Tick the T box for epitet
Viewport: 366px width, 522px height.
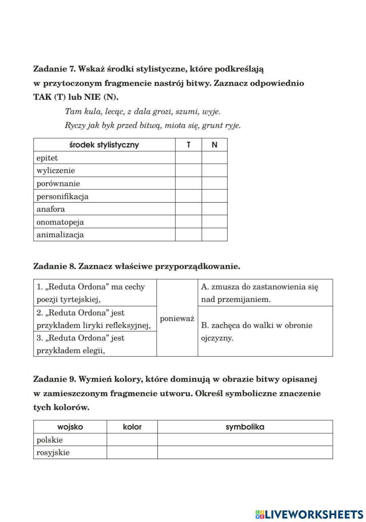tap(188, 158)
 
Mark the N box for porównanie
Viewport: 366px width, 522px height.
tap(214, 183)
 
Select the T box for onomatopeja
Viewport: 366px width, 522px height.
tap(188, 222)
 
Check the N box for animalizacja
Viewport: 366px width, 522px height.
tap(214, 234)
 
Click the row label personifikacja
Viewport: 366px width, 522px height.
tap(63, 196)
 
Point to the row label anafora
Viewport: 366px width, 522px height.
tap(51, 209)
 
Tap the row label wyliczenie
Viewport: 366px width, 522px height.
tap(56, 171)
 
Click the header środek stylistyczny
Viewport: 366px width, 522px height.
tap(104, 145)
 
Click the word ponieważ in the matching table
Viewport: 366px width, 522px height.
tap(177, 318)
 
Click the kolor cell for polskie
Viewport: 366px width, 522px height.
tap(132, 440)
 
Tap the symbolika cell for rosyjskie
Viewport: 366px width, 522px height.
tap(245, 452)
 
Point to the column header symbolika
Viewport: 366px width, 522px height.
tap(245, 427)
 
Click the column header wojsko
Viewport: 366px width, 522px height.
tap(70, 427)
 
